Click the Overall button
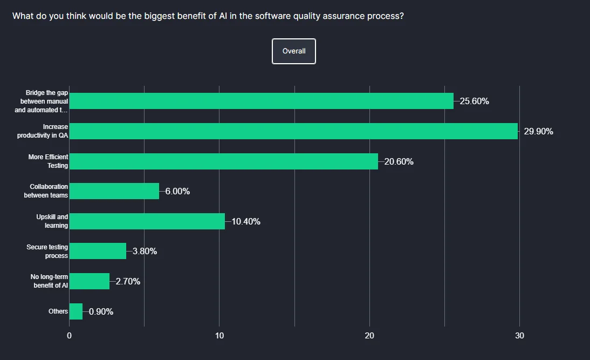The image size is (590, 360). tap(294, 51)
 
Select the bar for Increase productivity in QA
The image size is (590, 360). tap(293, 131)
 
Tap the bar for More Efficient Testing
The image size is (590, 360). tap(224, 161)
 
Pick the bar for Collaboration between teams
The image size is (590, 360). tap(114, 191)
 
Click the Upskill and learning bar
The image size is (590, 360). tap(147, 221)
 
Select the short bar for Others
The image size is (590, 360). tap(76, 311)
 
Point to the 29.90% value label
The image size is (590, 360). tap(538, 131)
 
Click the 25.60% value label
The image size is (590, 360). tap(474, 101)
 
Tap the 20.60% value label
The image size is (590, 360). tap(399, 161)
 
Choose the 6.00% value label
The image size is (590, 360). tap(177, 191)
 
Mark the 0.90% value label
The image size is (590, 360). tap(101, 311)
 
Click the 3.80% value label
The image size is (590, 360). tap(145, 251)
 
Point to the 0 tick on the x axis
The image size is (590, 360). tap(70, 336)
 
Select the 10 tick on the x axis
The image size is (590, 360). tap(219, 336)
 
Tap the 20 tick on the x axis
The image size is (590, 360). tap(369, 336)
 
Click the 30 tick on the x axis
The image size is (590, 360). tap(519, 336)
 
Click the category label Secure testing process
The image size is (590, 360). tap(47, 252)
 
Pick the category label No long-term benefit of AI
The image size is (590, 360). tap(50, 281)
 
